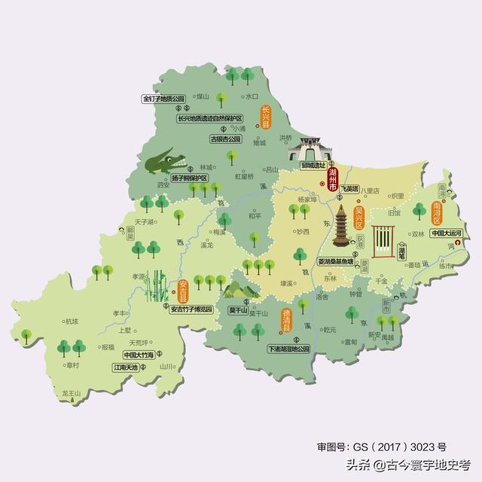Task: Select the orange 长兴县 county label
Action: point(265,119)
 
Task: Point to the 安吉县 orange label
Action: point(183,291)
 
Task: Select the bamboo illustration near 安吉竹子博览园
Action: point(158,287)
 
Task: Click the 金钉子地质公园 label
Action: point(163,99)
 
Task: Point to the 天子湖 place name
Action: point(140,221)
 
